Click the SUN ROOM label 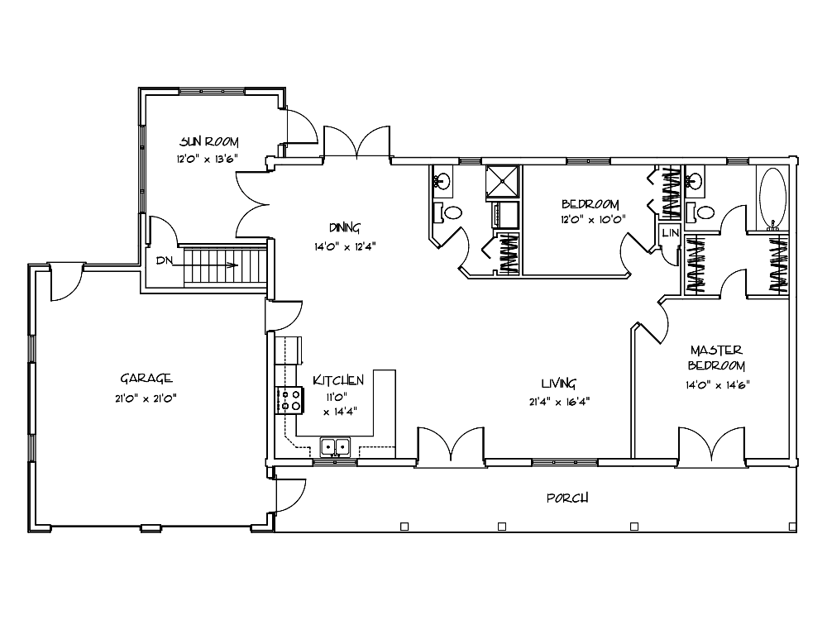pyautogui.click(x=209, y=142)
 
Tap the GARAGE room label pyautogui.click(x=146, y=379)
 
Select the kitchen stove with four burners pyautogui.click(x=289, y=400)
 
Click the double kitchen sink pyautogui.click(x=335, y=447)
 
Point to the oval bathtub pyautogui.click(x=772, y=198)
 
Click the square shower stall pyautogui.click(x=502, y=183)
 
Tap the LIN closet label pyautogui.click(x=671, y=232)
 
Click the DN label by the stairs pyautogui.click(x=165, y=260)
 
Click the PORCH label pyautogui.click(x=567, y=498)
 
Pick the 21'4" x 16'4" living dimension pyautogui.click(x=559, y=402)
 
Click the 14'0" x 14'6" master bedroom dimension pyautogui.click(x=717, y=385)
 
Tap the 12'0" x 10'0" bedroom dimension pyautogui.click(x=593, y=219)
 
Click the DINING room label pyautogui.click(x=344, y=228)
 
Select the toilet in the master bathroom pyautogui.click(x=701, y=213)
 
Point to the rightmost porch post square pyautogui.click(x=792, y=526)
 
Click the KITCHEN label pyautogui.click(x=338, y=380)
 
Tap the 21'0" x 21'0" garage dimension pyautogui.click(x=146, y=398)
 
